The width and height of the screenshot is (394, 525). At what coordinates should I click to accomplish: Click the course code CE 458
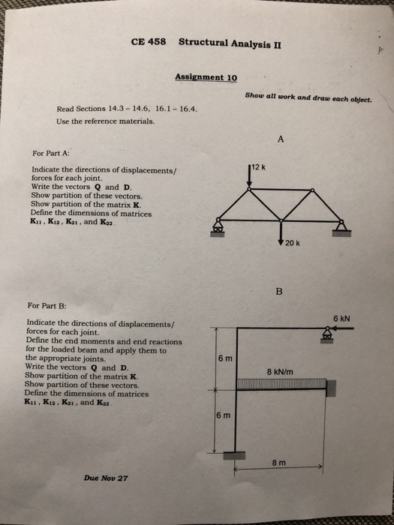tap(149, 40)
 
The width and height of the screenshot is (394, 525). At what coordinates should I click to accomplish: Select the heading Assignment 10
tap(206, 76)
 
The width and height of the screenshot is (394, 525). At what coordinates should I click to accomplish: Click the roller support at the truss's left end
tap(219, 226)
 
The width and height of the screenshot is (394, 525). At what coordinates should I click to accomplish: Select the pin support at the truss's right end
tap(341, 226)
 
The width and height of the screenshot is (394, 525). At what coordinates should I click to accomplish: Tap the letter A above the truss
tap(281, 139)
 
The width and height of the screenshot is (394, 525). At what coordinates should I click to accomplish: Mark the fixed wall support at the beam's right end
tap(330, 386)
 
